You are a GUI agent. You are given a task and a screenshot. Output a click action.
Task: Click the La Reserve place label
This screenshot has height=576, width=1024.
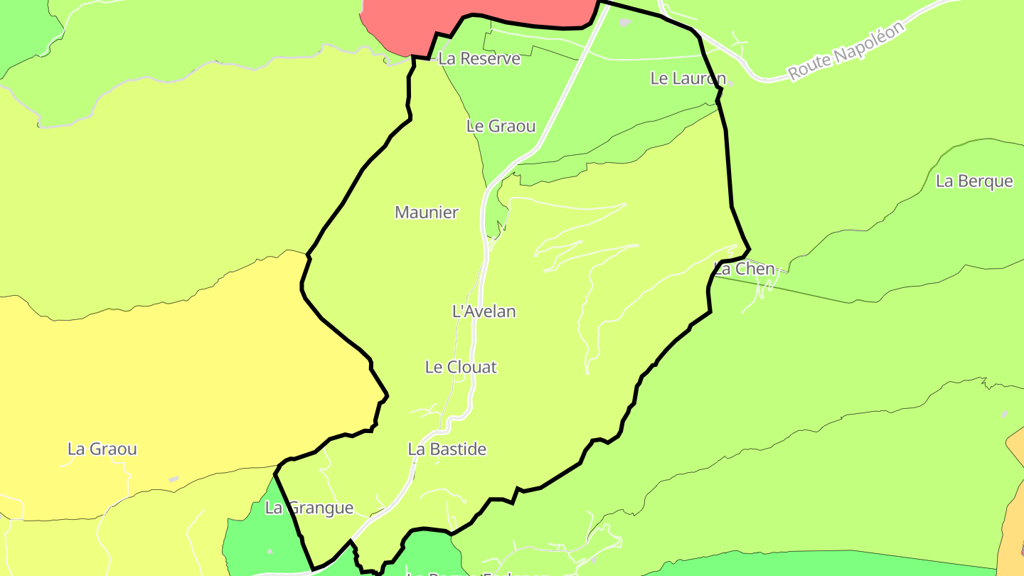(479, 58)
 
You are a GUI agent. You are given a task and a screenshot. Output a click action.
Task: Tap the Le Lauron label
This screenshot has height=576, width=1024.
(688, 78)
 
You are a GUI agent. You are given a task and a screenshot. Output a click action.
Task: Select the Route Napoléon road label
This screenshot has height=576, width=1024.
(846, 50)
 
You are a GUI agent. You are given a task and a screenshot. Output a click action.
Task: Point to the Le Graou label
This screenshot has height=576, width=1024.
(501, 126)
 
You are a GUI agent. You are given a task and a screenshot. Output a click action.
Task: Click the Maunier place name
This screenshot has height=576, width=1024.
(427, 212)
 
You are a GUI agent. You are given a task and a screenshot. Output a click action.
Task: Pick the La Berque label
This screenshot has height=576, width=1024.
(974, 181)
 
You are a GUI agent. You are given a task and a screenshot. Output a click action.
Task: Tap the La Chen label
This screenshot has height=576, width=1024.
(744, 269)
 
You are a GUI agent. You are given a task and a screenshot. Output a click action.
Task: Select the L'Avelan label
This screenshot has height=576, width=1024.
(484, 311)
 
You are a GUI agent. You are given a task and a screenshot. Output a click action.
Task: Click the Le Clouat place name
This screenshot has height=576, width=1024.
(460, 367)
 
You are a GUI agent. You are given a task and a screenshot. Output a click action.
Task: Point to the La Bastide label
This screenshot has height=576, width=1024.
(447, 449)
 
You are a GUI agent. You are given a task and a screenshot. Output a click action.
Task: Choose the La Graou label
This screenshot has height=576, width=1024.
(102, 449)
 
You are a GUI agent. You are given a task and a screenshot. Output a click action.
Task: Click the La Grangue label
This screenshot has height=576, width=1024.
(309, 508)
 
